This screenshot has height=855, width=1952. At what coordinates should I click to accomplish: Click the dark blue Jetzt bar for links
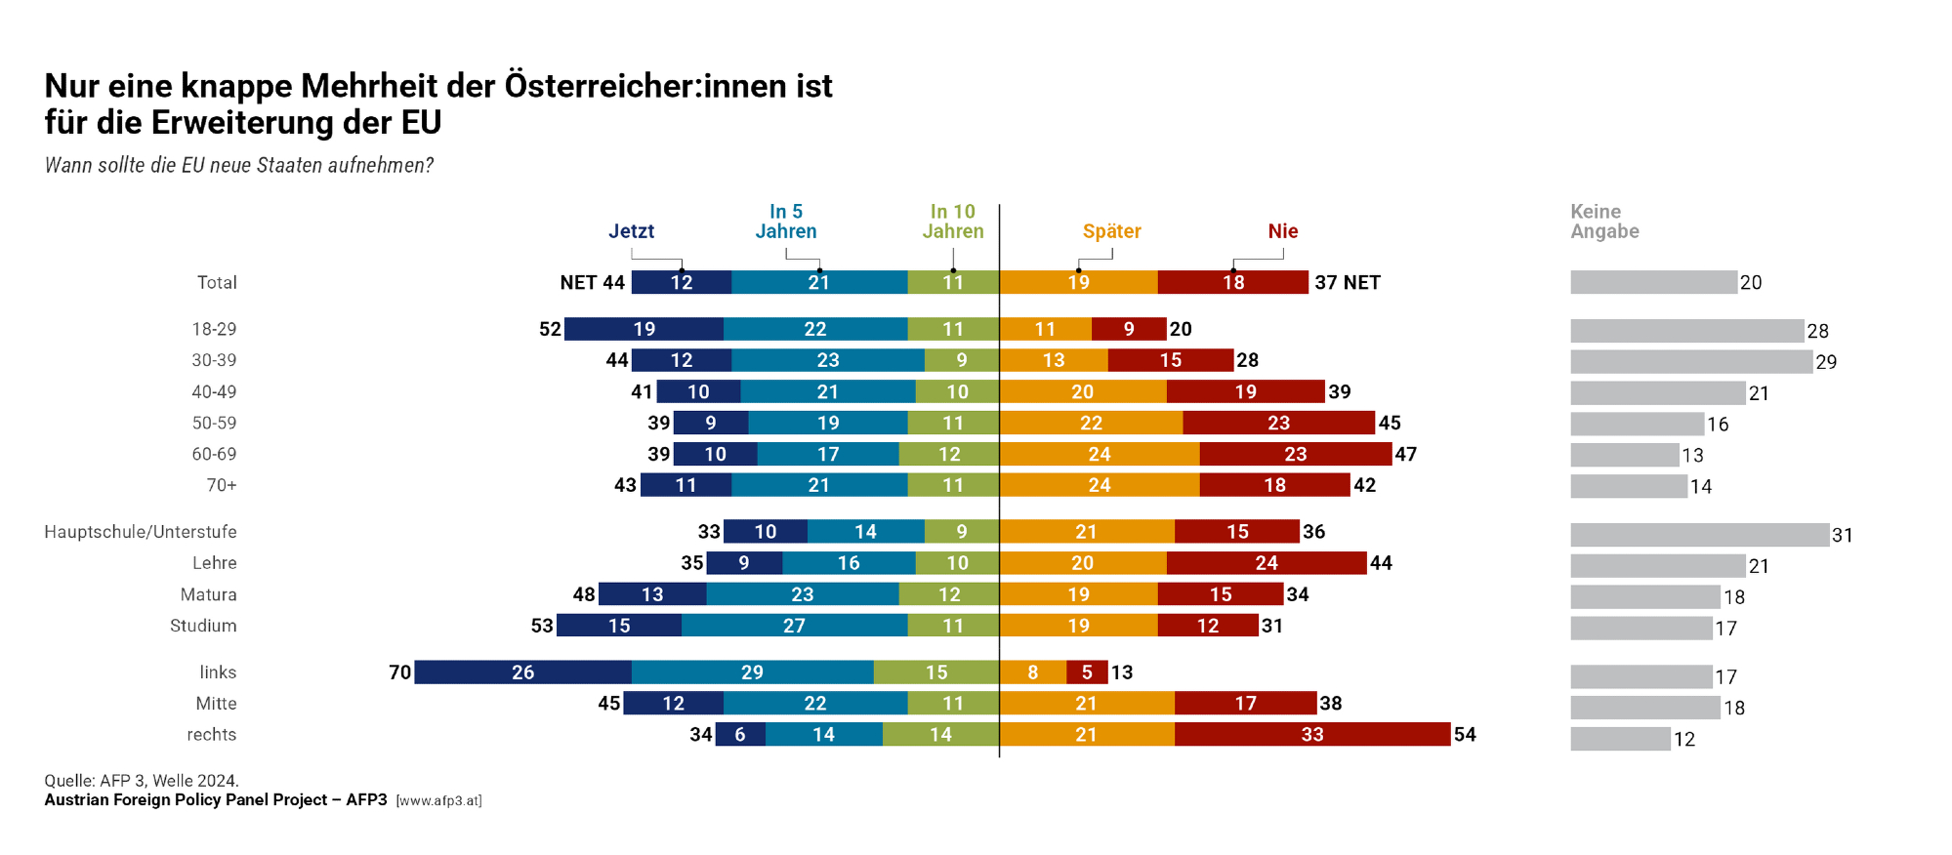(522, 672)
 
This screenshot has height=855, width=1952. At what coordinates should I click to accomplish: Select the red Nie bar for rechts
(1311, 735)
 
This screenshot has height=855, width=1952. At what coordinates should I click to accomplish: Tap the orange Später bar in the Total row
(1078, 282)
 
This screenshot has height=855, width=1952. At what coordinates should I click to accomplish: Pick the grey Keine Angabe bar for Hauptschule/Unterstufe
(1699, 535)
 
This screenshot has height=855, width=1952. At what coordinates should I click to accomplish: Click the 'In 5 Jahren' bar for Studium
(794, 626)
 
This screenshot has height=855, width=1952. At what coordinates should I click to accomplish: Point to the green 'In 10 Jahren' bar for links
(935, 672)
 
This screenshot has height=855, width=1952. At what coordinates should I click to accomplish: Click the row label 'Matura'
(208, 594)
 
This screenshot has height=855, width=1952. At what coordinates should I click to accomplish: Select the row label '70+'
(222, 485)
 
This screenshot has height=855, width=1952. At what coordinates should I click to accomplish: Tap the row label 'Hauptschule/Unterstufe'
(141, 532)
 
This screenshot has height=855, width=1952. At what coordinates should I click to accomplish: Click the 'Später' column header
(1111, 231)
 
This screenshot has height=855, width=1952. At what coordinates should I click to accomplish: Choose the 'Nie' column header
(1282, 231)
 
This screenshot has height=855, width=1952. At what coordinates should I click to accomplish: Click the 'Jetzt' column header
(631, 231)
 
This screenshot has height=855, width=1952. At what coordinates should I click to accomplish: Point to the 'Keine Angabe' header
(1604, 222)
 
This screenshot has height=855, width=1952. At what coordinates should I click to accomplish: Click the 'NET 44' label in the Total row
(592, 282)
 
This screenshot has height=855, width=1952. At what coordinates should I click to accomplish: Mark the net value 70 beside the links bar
(399, 672)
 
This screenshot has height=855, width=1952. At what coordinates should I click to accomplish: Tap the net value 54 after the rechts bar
(1465, 735)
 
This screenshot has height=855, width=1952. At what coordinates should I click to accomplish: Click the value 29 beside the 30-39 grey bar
(1826, 362)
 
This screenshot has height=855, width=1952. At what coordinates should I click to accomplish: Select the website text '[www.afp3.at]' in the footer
(438, 801)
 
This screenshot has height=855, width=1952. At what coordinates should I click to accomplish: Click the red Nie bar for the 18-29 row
(1129, 329)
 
